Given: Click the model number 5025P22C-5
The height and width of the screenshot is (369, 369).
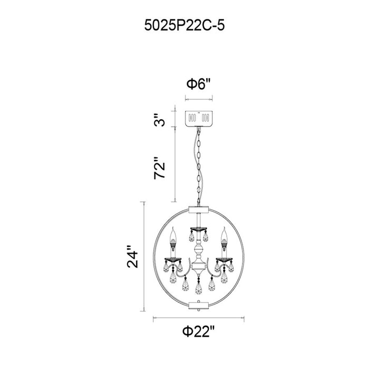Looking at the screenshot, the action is [184, 25].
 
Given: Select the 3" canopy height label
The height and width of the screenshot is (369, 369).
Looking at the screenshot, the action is [160, 120].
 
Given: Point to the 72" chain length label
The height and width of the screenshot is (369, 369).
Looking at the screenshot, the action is [160, 168].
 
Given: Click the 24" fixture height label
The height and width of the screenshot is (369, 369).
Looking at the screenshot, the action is [132, 257].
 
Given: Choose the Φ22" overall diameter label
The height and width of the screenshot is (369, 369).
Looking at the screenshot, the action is [199, 332].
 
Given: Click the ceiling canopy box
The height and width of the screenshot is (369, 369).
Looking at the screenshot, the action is [199, 119].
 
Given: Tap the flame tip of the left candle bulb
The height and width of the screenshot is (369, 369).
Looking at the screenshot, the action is [173, 228].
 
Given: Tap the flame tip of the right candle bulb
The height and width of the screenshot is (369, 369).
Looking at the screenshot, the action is [224, 228].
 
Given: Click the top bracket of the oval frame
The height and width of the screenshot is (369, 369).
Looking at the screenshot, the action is [199, 209].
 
